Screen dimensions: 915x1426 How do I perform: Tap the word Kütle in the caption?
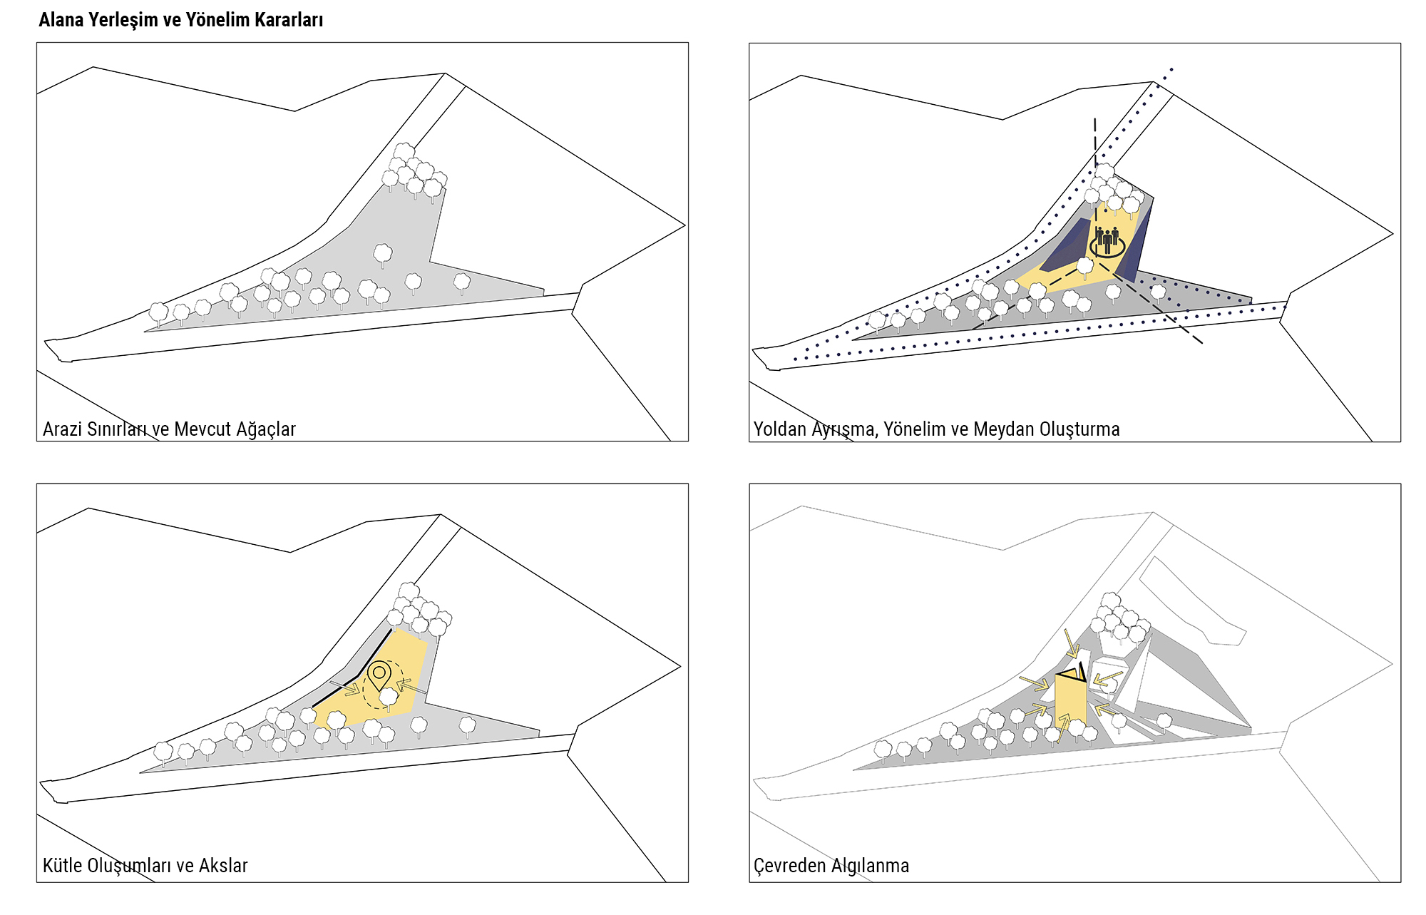coord(62,866)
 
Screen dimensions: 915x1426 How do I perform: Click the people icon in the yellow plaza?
coord(1107,240)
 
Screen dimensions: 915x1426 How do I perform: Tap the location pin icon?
coord(379,674)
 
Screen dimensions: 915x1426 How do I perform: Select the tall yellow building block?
coord(1069,699)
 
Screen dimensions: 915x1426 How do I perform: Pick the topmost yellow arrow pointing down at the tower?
coord(1071,643)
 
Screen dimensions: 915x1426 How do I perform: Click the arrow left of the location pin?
coord(345,688)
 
